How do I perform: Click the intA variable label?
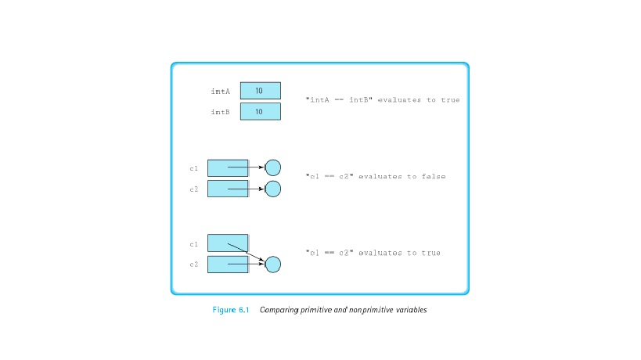(220, 92)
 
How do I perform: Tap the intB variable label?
(220, 112)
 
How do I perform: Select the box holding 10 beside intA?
(260, 91)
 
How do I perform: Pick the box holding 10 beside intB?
(260, 112)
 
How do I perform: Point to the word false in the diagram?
(434, 177)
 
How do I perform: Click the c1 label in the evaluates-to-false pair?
(193, 168)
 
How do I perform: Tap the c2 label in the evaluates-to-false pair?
(193, 189)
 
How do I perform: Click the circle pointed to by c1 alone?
(272, 167)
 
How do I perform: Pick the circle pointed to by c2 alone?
(272, 189)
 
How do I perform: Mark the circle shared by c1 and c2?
(272, 265)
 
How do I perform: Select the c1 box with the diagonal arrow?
(223, 243)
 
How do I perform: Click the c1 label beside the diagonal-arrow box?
(193, 244)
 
